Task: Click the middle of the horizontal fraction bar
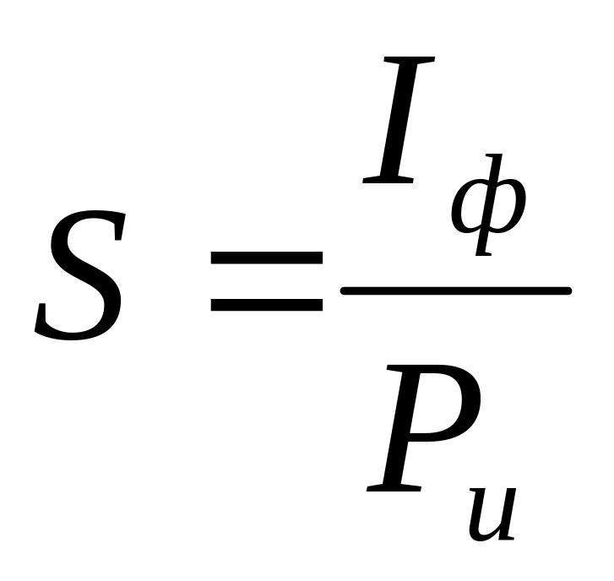click(x=456, y=291)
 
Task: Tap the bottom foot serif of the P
click(x=394, y=489)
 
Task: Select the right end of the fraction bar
click(x=569, y=291)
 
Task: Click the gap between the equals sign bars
click(x=266, y=283)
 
